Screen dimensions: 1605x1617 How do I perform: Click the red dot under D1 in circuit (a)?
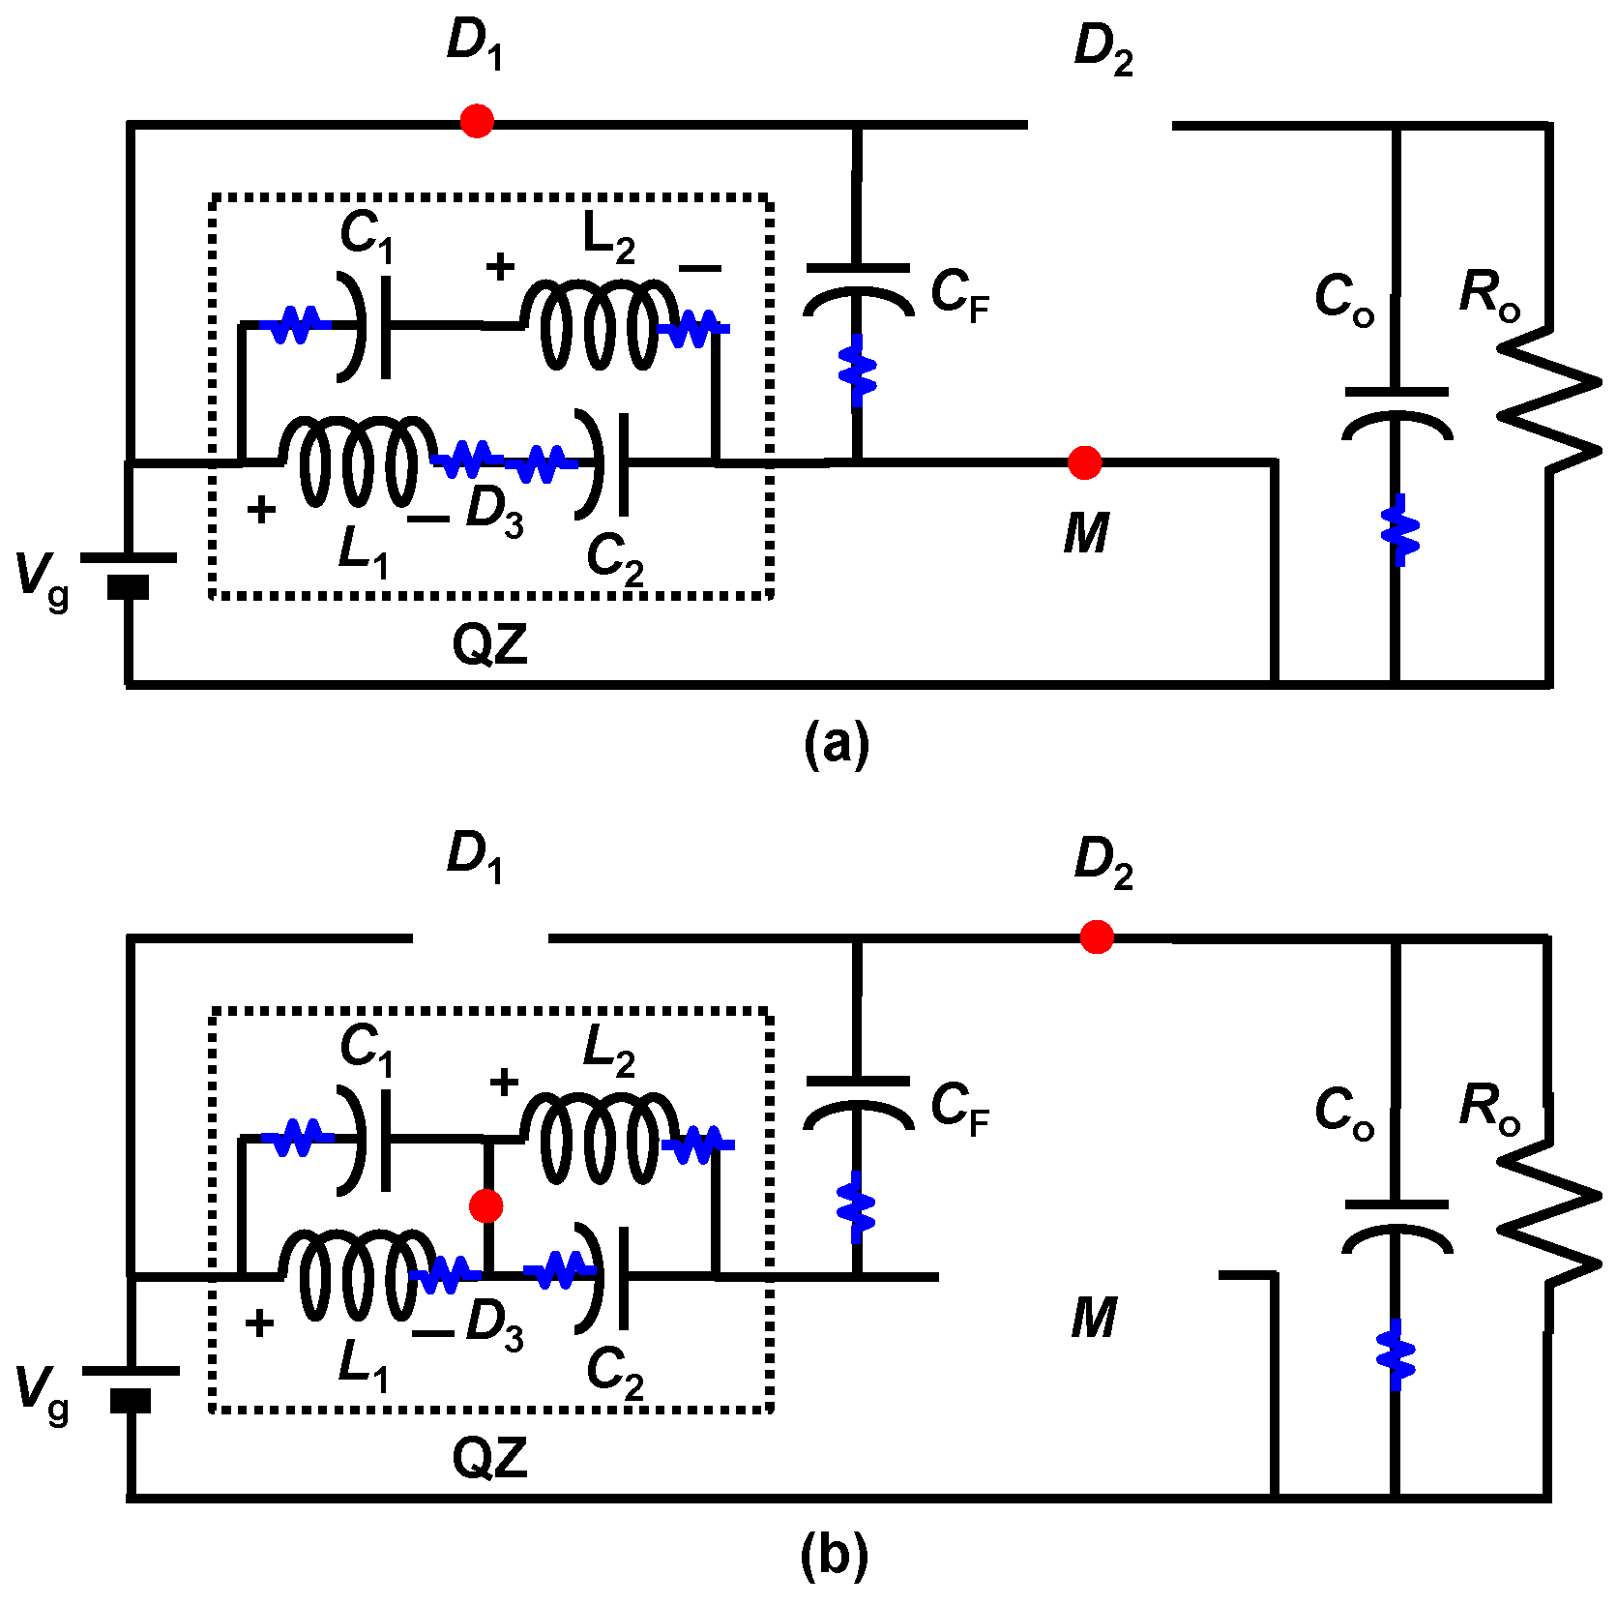(x=477, y=121)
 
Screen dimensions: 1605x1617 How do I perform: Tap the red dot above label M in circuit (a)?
(x=1084, y=462)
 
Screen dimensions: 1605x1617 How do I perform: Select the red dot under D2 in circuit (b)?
(x=1096, y=936)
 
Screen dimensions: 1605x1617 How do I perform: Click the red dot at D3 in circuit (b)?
(x=485, y=1205)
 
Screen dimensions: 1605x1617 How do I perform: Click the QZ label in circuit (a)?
(x=490, y=644)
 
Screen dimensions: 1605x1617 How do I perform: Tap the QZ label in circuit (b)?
(x=490, y=1457)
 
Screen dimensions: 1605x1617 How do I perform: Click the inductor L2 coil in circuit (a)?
(x=600, y=326)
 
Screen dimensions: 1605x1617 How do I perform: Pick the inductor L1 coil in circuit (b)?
(x=358, y=1275)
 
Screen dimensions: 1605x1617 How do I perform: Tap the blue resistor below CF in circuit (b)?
(x=856, y=1206)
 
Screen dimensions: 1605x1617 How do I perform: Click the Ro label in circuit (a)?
(x=1489, y=295)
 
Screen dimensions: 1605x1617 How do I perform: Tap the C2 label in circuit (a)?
(x=615, y=560)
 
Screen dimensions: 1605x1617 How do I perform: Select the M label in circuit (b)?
(x=1094, y=1318)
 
